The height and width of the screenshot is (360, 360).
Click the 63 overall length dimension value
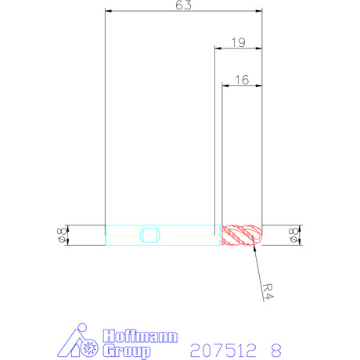(183, 5)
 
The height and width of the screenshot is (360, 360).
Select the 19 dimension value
(239, 42)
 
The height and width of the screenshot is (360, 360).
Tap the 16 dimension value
(242, 80)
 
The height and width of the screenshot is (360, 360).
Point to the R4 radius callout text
(268, 292)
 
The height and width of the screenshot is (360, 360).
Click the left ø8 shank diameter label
(62, 235)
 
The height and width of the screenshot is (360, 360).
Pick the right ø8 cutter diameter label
(293, 235)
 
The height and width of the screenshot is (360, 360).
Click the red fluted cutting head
(242, 235)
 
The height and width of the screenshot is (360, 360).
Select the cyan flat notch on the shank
(150, 235)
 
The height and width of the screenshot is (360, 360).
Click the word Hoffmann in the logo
(140, 337)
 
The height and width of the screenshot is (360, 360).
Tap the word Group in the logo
(127, 351)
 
